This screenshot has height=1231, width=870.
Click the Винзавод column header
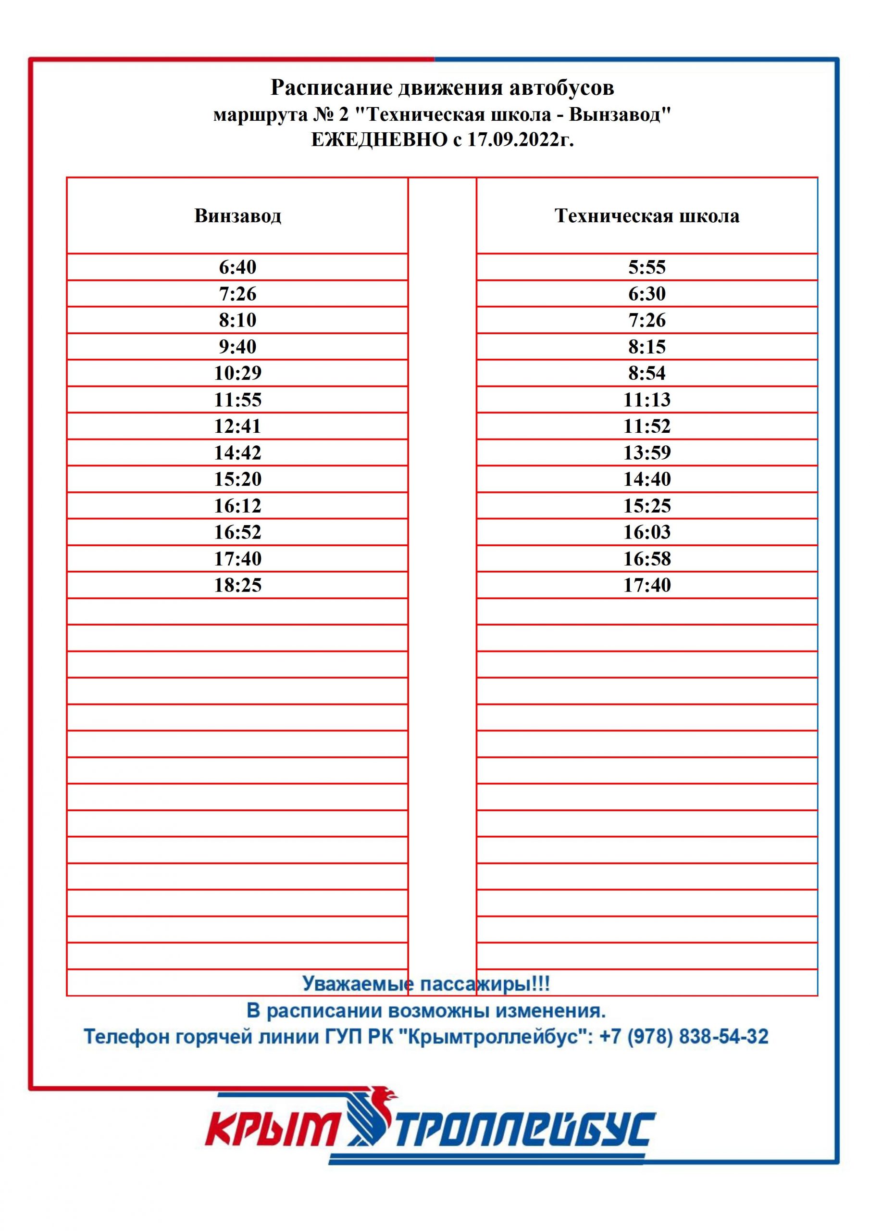click(237, 215)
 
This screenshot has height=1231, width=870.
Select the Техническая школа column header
click(646, 215)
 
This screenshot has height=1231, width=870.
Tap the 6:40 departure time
click(237, 267)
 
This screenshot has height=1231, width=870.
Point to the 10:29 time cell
click(237, 373)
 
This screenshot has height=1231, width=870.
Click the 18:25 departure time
click(237, 585)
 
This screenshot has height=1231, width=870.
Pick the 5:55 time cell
click(646, 267)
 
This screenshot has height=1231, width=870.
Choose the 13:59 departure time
click(646, 452)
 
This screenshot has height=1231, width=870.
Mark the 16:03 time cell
click(646, 532)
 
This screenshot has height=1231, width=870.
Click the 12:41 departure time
click(237, 426)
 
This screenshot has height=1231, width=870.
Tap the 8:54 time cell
click(646, 373)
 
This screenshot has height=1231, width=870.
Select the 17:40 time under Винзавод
click(237, 559)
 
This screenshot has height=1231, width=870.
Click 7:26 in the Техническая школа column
click(646, 320)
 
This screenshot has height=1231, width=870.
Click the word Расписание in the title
click(331, 88)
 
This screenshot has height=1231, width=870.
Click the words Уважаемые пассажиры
click(426, 984)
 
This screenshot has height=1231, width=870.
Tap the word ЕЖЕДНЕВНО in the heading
click(379, 140)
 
